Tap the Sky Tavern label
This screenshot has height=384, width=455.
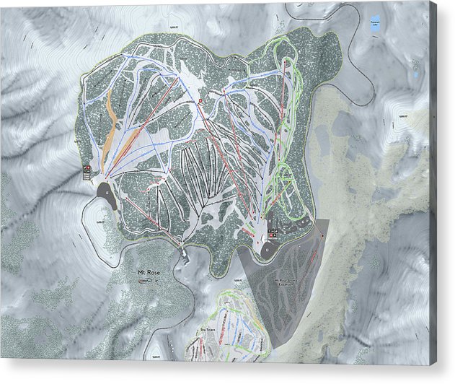tap(208, 328)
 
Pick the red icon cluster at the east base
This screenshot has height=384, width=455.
tap(273, 232)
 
